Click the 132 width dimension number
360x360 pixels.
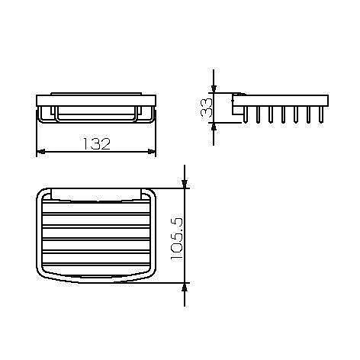tap(97, 142)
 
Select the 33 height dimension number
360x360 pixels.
tap(207, 107)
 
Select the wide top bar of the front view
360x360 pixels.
tap(97, 100)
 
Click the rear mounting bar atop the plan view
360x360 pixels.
tap(97, 188)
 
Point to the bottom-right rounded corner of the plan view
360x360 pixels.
tap(151, 276)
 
